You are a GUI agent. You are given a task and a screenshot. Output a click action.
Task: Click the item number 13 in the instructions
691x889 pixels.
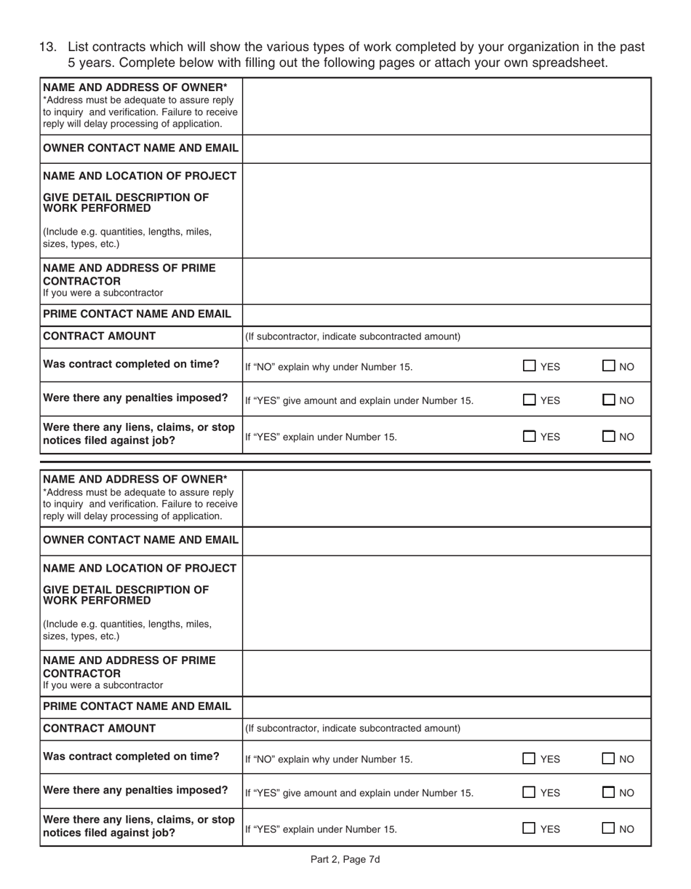pyautogui.click(x=47, y=47)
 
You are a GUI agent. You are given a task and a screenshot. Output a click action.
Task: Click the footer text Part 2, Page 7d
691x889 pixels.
pyautogui.click(x=345, y=859)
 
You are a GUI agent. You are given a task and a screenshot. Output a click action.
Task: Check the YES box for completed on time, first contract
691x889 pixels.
pyautogui.click(x=530, y=366)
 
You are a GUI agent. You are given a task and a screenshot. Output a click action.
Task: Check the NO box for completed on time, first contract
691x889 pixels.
pyautogui.click(x=610, y=366)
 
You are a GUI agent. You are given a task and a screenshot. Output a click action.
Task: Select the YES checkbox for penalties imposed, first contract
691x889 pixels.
pyautogui.click(x=530, y=400)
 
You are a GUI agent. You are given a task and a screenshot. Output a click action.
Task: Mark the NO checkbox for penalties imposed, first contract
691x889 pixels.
pyautogui.click(x=610, y=400)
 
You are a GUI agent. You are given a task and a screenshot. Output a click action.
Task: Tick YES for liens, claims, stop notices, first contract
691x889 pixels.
pyautogui.click(x=530, y=437)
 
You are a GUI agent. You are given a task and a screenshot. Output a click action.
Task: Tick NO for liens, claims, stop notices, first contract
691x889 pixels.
pyautogui.click(x=610, y=437)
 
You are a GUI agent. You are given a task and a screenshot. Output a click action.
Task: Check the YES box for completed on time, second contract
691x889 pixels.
pyautogui.click(x=530, y=759)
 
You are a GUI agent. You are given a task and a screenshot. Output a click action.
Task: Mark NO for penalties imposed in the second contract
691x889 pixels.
pyautogui.click(x=610, y=792)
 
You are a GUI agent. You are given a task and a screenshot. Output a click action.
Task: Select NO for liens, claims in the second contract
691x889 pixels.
pyautogui.click(x=610, y=828)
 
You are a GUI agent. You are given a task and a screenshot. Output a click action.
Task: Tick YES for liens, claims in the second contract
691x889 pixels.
pyautogui.click(x=530, y=828)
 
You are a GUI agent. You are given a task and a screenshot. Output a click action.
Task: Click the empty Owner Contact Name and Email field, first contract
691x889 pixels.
pyautogui.click(x=446, y=149)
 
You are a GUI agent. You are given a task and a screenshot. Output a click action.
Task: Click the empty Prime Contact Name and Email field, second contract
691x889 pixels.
pyautogui.click(x=446, y=706)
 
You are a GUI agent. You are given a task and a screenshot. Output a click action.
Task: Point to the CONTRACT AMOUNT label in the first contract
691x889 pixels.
pyautogui.click(x=100, y=336)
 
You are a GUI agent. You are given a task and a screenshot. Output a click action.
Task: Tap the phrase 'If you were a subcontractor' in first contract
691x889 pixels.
pyautogui.click(x=103, y=293)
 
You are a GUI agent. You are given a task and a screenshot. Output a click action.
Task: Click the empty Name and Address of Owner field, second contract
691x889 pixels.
pyautogui.click(x=446, y=498)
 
